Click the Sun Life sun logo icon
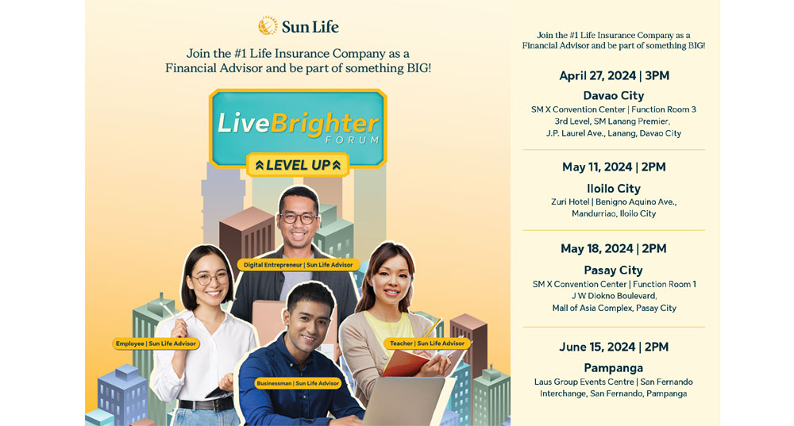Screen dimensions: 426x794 coord(268,26)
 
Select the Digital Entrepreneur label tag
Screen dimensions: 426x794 coord(298,264)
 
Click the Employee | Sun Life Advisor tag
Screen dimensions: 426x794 coord(156,343)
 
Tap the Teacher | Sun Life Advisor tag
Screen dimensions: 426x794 coord(427,343)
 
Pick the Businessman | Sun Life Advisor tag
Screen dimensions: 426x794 coord(298,383)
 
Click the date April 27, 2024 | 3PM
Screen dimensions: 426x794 coord(614,76)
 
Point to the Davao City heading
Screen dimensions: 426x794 coord(614,95)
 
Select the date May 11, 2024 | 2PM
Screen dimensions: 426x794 coord(614,167)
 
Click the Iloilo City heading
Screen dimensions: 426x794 coord(614,188)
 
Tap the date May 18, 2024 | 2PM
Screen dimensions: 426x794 coord(614,248)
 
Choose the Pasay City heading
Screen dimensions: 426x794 coord(614,270)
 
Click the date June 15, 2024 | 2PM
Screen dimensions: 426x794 coord(614,347)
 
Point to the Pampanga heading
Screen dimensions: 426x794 coord(614,367)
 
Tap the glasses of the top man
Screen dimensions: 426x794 coord(299,217)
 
